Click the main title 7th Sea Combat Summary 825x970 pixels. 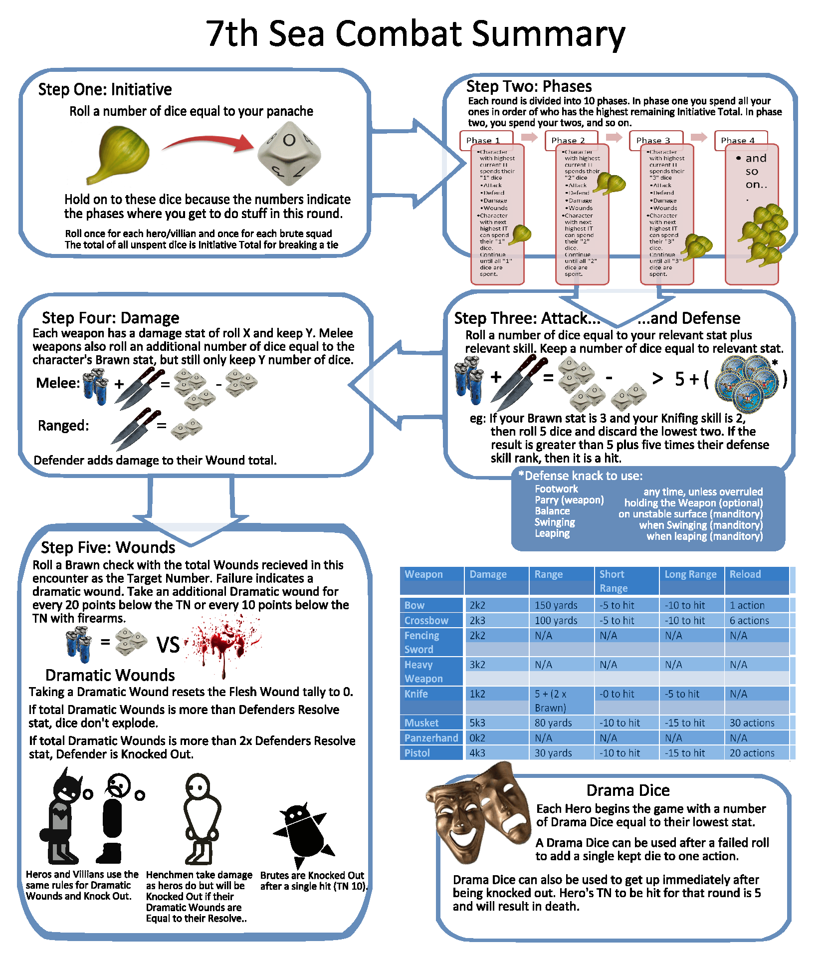click(415, 33)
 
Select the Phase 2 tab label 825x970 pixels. click(568, 140)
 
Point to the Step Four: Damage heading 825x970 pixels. click(110, 318)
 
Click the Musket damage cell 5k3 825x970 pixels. click(477, 723)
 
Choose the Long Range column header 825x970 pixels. click(690, 574)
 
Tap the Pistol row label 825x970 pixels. click(417, 753)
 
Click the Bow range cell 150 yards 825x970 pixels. click(556, 605)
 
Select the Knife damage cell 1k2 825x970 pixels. click(477, 694)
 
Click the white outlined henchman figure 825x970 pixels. click(201, 818)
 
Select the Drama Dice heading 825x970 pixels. click(627, 790)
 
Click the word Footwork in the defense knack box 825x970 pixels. click(556, 489)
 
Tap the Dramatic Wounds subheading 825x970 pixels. click(110, 675)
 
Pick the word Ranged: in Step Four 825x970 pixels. click(63, 426)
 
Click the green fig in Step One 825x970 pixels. click(120, 154)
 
